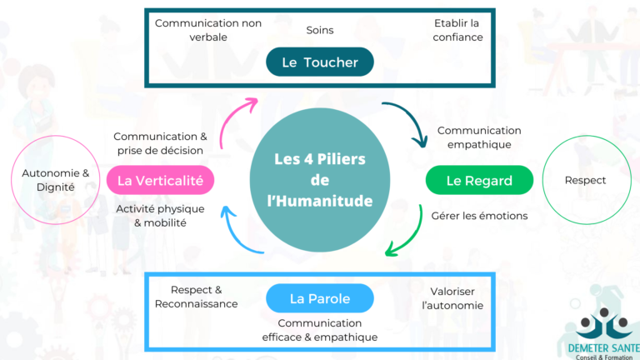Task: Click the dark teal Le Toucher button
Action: pyautogui.click(x=320, y=62)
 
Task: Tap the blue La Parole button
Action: pyautogui.click(x=320, y=298)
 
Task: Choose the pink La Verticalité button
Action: pyautogui.click(x=161, y=180)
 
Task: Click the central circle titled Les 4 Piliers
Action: pyautogui.click(x=320, y=179)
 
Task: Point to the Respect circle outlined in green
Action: pyautogui.click(x=585, y=180)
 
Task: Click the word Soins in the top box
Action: pyautogui.click(x=320, y=30)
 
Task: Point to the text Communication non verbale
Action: pyautogui.click(x=208, y=30)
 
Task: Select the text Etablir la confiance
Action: pyautogui.click(x=457, y=30)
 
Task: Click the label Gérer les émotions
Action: pyautogui.click(x=479, y=217)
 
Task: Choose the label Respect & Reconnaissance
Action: pyautogui.click(x=197, y=297)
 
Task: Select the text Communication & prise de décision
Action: pyautogui.click(x=160, y=143)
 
